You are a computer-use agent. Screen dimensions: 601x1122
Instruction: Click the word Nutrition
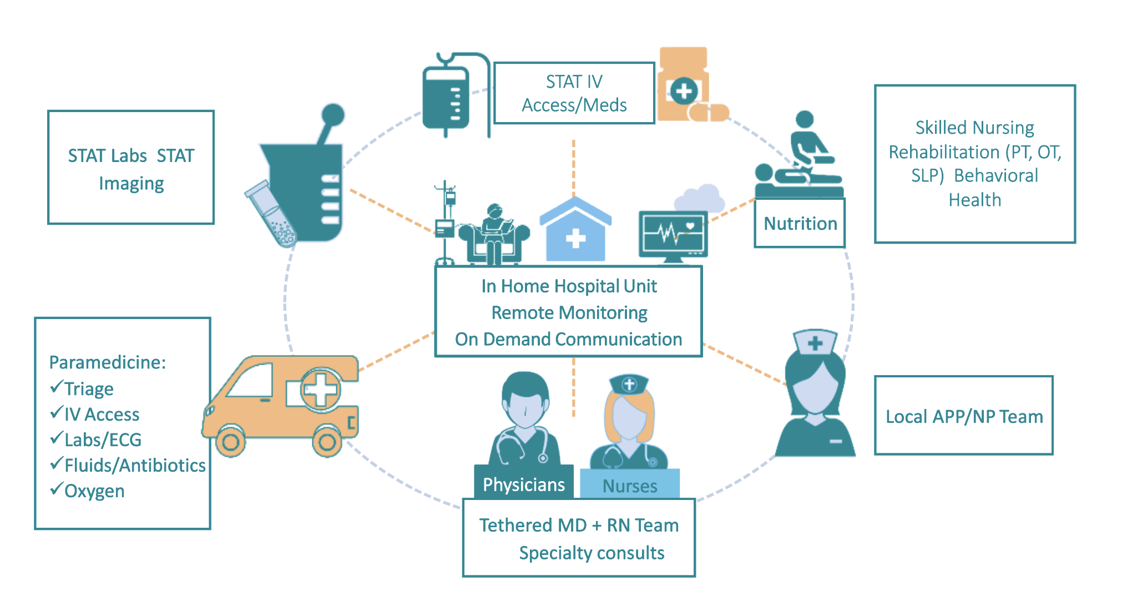[x=800, y=224]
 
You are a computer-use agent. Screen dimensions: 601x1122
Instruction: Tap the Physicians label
[x=523, y=484]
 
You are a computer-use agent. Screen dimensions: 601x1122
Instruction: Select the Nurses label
[x=630, y=486]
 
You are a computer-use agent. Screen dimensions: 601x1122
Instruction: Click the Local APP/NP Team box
[x=964, y=416]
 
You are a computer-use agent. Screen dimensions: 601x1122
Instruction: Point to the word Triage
[x=89, y=389]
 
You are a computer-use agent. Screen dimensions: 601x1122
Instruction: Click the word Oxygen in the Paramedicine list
[x=94, y=491]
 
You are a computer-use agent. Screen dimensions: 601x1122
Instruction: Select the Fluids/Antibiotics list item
[x=135, y=465]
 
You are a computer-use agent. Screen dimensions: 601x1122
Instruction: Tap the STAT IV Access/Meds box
[x=574, y=93]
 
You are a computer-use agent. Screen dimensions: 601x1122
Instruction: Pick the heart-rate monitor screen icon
[x=673, y=234]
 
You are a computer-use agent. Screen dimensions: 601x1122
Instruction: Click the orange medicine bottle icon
[x=684, y=86]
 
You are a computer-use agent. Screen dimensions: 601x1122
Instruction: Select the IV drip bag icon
[x=446, y=97]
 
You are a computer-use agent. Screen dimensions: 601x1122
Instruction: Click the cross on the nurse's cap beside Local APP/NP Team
[x=815, y=344]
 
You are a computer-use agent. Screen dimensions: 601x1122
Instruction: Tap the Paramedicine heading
[x=108, y=362]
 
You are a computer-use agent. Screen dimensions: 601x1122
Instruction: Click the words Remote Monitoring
[x=569, y=313]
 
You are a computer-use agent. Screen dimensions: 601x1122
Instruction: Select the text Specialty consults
[x=592, y=553]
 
